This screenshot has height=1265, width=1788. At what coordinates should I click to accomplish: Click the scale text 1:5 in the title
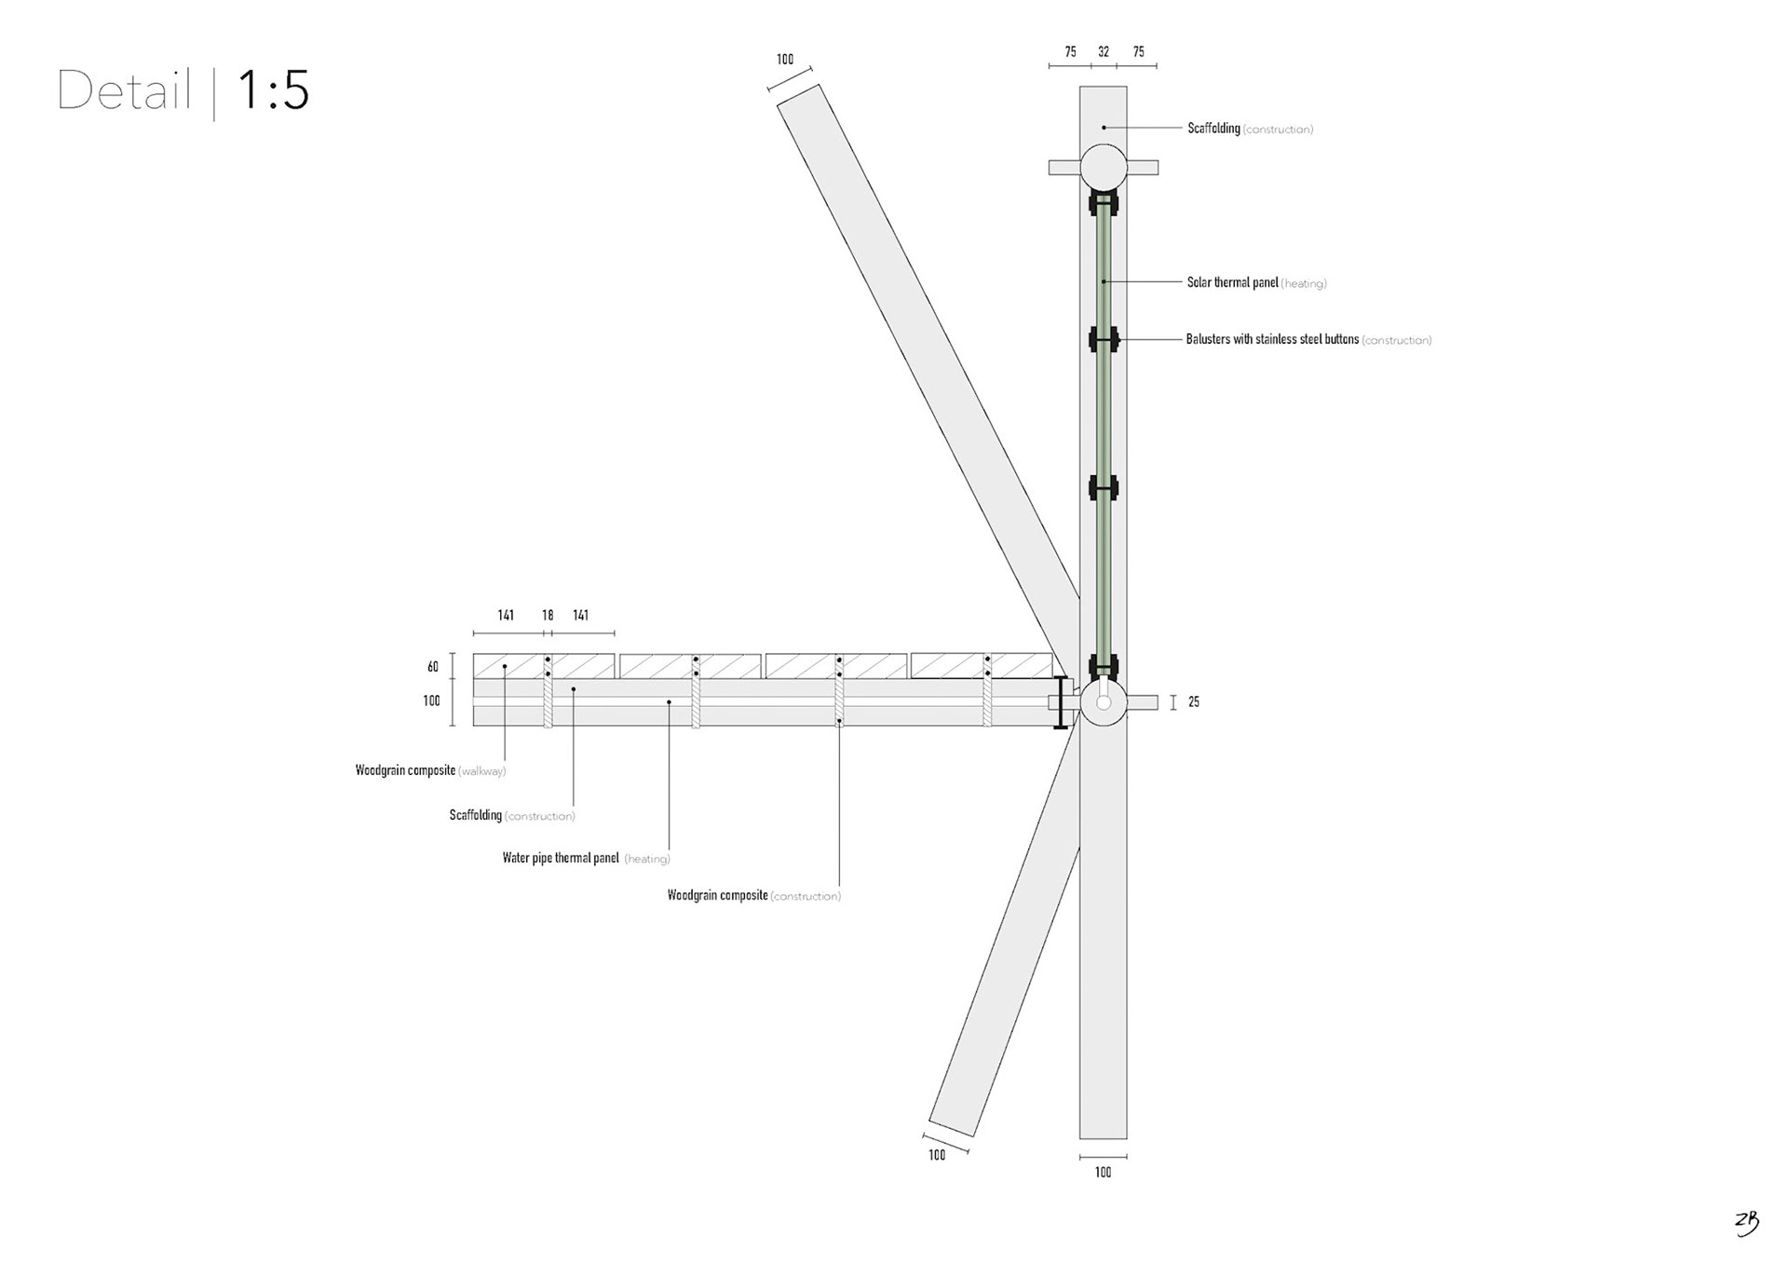(273, 91)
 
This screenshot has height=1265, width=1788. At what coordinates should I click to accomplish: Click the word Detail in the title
(125, 91)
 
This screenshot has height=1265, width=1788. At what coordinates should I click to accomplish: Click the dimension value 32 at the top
(1104, 52)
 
